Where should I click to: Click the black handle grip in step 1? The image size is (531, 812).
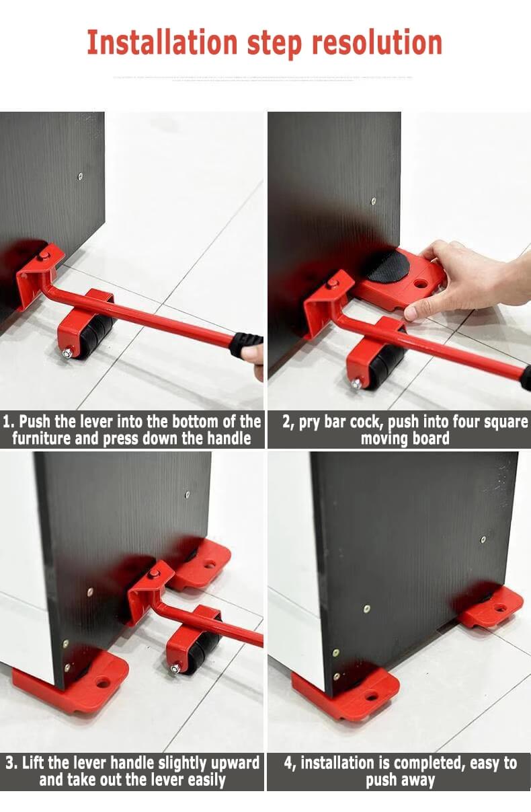246,344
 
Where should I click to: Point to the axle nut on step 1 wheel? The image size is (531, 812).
69,353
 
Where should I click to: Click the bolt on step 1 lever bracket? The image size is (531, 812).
43,256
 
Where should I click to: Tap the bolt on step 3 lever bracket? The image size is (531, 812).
155,573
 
